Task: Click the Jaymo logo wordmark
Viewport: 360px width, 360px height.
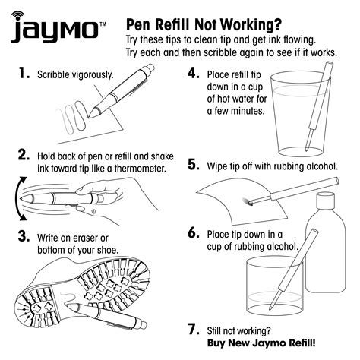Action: click(54, 30)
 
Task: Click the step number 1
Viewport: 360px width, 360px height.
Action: click(24, 74)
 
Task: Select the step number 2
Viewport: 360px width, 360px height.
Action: click(24, 155)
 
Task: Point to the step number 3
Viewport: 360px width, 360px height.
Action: click(24, 236)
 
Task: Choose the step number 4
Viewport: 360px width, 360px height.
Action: click(193, 74)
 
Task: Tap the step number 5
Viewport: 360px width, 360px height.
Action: click(193, 165)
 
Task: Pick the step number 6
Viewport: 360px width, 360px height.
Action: click(193, 232)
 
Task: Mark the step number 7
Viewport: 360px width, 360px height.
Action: click(193, 330)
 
